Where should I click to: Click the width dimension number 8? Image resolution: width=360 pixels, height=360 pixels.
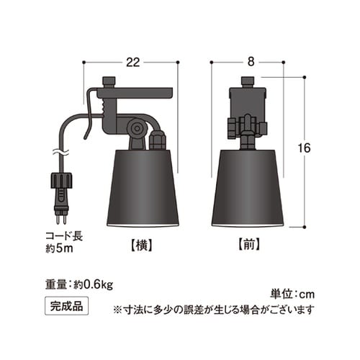point(250,62)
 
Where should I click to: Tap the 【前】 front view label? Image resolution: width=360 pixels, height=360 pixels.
point(249,243)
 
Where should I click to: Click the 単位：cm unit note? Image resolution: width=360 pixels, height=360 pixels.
point(292,294)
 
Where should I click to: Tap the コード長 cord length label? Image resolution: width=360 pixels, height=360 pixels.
point(63,235)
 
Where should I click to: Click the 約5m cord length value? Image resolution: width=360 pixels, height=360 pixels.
point(62,248)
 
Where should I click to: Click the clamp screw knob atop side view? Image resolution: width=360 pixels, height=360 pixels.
point(110,81)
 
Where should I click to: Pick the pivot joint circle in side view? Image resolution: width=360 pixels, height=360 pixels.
point(135,128)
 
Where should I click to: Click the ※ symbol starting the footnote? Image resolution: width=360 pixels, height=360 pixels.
point(117,310)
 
